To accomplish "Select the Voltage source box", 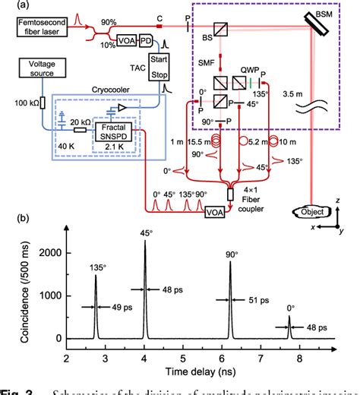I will [38, 69].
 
